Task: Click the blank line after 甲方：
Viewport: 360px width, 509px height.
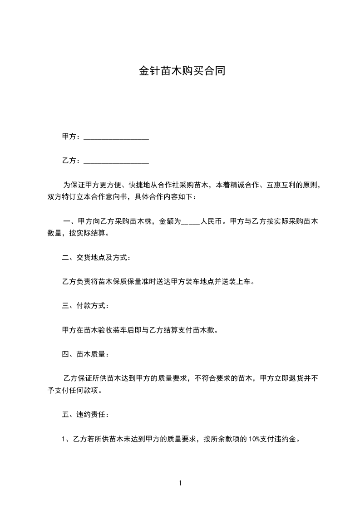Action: pyautogui.click(x=117, y=137)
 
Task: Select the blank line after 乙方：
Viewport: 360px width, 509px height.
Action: pyautogui.click(x=117, y=161)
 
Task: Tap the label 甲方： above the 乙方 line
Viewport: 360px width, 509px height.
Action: pyautogui.click(x=71, y=137)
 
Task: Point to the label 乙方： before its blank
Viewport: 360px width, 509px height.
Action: pyautogui.click(x=71, y=161)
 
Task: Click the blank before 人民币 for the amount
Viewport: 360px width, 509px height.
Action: pyautogui.click(x=190, y=222)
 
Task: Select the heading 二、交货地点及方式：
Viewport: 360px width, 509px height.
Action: pyautogui.click(x=97, y=258)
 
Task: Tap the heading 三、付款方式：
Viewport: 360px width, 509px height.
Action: pyautogui.click(x=85, y=306)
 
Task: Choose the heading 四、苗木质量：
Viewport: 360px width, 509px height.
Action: pyautogui.click(x=85, y=354)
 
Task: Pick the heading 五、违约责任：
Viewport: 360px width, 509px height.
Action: pyautogui.click(x=85, y=414)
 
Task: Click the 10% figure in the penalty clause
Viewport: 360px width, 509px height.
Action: pyautogui.click(x=254, y=439)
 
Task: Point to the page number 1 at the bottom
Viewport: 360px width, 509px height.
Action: pyautogui.click(x=180, y=484)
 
